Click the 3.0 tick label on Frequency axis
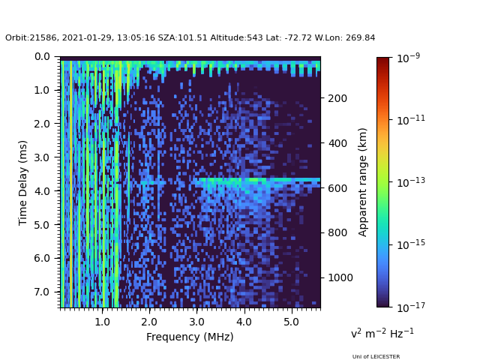coord(196,321)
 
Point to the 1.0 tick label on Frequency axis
coord(102,321)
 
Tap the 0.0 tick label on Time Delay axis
coord(42,56)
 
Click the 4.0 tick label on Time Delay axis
coord(42,190)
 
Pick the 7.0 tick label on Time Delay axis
coord(42,292)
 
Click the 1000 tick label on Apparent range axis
coord(340,277)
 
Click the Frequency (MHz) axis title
coord(190,337)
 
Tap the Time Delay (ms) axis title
coord(23,182)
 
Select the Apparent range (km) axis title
coord(363,181)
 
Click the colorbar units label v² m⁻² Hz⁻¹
coord(382,333)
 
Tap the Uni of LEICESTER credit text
coord(376,357)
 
